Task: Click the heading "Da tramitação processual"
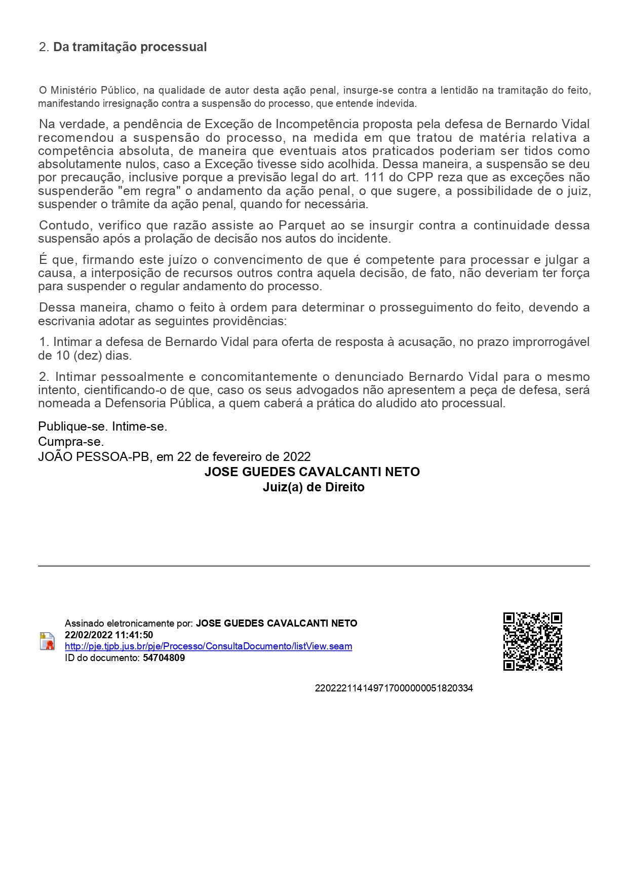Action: point(130,47)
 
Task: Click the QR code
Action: point(532,641)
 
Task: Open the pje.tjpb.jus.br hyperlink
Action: point(208,646)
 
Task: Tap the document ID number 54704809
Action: point(164,658)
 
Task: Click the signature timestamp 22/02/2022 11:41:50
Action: point(109,635)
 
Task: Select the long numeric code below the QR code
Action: point(394,688)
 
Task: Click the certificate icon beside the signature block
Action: point(47,641)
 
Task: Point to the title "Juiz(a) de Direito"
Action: point(313,487)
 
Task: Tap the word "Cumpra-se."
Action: point(71,442)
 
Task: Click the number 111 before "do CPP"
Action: point(374,178)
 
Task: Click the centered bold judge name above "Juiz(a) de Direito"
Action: point(312,472)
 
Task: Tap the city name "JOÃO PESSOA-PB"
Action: point(94,457)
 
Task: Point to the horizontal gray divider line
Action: point(313,566)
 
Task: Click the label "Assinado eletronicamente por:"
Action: point(129,624)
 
